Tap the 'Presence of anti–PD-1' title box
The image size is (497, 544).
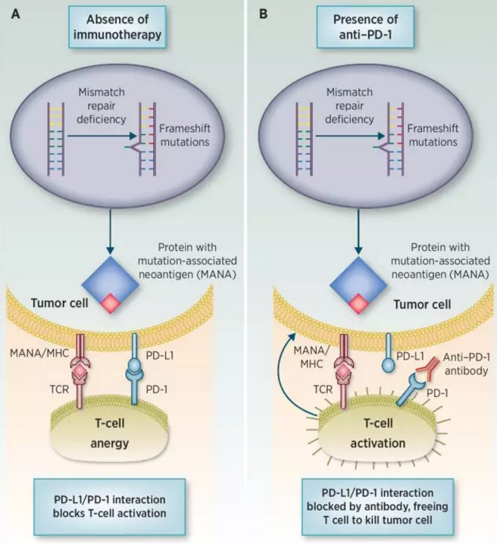click(374, 26)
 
